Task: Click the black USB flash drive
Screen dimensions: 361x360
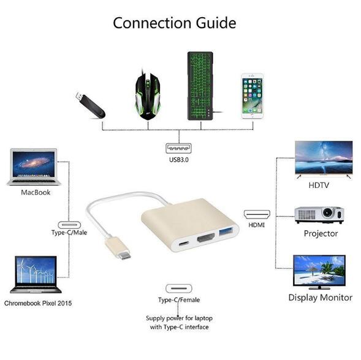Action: (x=91, y=105)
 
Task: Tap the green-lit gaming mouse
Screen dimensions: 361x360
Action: (x=148, y=96)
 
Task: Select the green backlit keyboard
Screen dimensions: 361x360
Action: (x=200, y=86)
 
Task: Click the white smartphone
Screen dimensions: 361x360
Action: (x=252, y=96)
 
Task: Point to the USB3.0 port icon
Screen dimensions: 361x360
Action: (x=178, y=148)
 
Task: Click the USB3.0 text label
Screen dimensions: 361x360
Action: (x=179, y=160)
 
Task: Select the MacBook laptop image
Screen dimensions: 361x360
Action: (x=34, y=167)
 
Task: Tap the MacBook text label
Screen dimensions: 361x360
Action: (x=36, y=192)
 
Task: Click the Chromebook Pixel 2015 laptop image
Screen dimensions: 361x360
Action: (x=36, y=274)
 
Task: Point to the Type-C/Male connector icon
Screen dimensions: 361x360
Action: (x=69, y=225)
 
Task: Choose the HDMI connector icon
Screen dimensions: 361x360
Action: (x=257, y=214)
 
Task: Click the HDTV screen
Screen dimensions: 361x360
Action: (x=324, y=157)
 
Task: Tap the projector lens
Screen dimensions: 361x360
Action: (x=327, y=212)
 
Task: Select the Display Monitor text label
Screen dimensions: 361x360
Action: (x=321, y=298)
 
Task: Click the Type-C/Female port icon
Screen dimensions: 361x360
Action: (x=179, y=288)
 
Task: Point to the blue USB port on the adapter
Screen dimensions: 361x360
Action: (x=226, y=231)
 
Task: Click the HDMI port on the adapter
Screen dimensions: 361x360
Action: (x=206, y=238)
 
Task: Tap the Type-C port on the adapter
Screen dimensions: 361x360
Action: (x=184, y=243)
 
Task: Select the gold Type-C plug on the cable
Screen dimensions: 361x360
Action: (x=118, y=249)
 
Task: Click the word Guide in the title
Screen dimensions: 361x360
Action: (x=216, y=23)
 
